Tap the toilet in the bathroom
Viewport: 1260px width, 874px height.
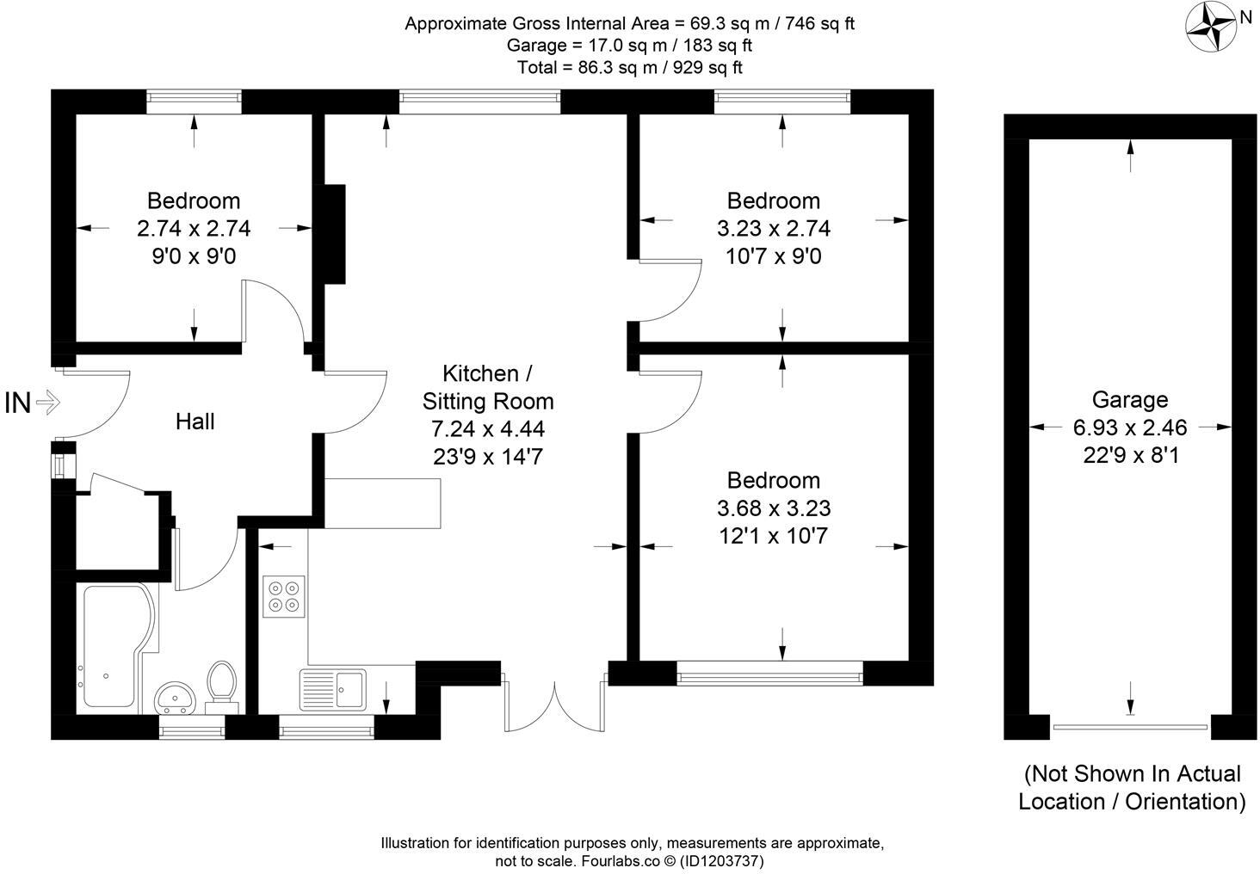[223, 685]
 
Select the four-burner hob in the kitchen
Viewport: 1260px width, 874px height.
[285, 596]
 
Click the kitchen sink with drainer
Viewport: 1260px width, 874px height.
[333, 688]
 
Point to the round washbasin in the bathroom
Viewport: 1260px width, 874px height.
[177, 698]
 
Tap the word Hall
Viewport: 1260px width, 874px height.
[195, 422]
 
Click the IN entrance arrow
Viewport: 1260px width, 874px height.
[33, 403]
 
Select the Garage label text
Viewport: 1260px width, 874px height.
[1130, 399]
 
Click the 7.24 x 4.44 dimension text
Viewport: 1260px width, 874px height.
[488, 428]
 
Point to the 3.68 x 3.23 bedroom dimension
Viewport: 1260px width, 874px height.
[774, 508]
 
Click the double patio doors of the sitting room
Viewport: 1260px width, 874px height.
[555, 705]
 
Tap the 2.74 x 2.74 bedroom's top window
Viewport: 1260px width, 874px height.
[194, 102]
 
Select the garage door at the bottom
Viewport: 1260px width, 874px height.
[1130, 728]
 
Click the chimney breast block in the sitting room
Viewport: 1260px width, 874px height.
[334, 234]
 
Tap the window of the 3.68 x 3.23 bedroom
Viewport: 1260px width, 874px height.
[769, 673]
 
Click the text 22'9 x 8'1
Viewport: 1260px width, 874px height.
[1130, 454]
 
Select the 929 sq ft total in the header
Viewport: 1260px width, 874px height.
[704, 67]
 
